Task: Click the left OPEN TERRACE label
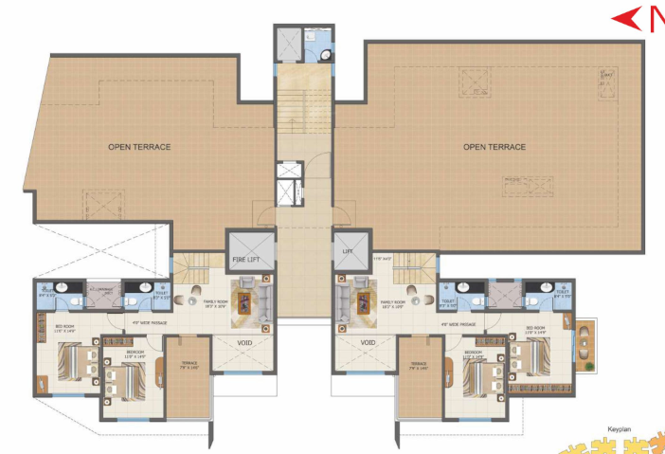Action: (x=138, y=147)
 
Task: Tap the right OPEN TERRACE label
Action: (x=494, y=147)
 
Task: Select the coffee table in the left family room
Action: (x=244, y=303)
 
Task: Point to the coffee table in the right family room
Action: (x=364, y=303)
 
